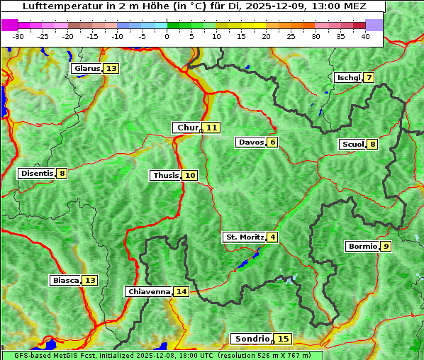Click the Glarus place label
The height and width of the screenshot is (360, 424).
click(87, 69)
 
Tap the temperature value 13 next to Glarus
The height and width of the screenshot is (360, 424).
click(111, 69)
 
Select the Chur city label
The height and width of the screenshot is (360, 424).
click(187, 128)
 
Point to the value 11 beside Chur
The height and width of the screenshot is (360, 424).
click(212, 128)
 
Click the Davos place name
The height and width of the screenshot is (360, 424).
click(251, 142)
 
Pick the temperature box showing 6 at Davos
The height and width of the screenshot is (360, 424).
click(272, 142)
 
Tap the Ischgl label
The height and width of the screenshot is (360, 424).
click(348, 77)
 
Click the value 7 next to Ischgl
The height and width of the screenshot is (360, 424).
click(369, 77)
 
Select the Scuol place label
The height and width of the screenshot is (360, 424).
click(352, 145)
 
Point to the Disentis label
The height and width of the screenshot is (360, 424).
click(36, 173)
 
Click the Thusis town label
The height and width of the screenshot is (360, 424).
click(165, 175)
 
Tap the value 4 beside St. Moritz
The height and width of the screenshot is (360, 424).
click(272, 237)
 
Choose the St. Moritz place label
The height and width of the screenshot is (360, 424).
click(244, 237)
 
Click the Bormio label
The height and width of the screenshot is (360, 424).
click(362, 247)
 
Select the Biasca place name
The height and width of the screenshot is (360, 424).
click(65, 281)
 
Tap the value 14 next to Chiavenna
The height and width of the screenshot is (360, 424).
click(182, 291)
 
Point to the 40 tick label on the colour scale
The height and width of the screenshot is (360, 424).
click(365, 36)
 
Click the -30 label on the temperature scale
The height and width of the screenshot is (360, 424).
click(18, 36)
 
